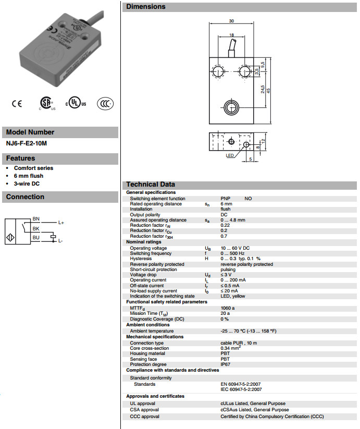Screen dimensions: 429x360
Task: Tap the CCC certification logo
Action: click(x=105, y=103)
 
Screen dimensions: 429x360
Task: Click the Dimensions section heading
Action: click(x=146, y=7)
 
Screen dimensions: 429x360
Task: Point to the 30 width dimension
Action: click(x=231, y=21)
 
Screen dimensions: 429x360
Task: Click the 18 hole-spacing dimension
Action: click(x=231, y=35)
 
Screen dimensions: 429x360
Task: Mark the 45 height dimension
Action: click(x=268, y=90)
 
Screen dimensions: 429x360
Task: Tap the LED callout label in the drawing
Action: click(x=230, y=155)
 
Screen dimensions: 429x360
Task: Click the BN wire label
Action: click(x=36, y=218)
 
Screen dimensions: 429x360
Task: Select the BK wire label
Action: click(x=36, y=228)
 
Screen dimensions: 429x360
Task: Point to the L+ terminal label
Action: click(x=61, y=223)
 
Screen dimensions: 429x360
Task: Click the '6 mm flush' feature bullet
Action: click(x=29, y=176)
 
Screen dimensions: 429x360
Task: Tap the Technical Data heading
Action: click(x=151, y=185)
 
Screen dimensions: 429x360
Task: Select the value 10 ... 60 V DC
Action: click(x=235, y=248)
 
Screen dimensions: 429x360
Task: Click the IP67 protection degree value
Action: click(x=225, y=364)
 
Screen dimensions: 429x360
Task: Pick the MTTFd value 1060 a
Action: click(x=228, y=308)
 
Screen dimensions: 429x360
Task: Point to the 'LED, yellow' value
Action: click(x=232, y=296)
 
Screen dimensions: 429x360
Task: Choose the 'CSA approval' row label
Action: click(x=145, y=410)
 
